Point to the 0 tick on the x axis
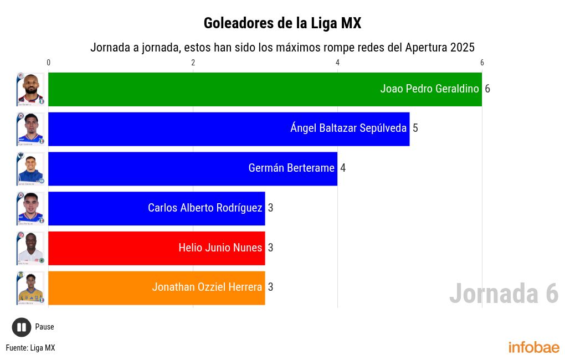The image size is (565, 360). (x=49, y=63)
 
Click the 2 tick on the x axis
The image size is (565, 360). (x=193, y=63)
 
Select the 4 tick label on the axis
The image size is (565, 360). (x=337, y=63)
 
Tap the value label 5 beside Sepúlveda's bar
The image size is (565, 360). (x=415, y=128)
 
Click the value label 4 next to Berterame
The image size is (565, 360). (x=343, y=168)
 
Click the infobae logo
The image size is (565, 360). (x=534, y=348)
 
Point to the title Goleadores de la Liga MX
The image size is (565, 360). (x=282, y=23)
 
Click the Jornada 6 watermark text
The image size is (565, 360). (x=504, y=294)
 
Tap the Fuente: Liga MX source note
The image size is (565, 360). (x=30, y=348)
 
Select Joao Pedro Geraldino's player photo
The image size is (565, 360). (x=30, y=89)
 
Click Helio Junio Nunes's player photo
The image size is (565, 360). (x=30, y=248)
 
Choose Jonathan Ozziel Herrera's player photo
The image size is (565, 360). (x=30, y=288)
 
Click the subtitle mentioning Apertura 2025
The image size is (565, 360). (x=282, y=47)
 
